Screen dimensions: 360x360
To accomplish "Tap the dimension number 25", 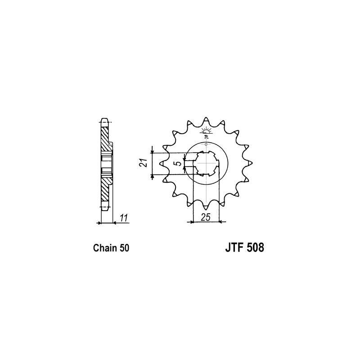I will (206, 217).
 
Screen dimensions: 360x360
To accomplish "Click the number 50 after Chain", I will (125, 248).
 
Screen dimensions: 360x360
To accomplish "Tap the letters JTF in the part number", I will (233, 248).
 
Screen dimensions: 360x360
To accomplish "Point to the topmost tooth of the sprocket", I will (206, 120).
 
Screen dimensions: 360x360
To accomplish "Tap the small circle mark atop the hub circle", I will (206, 144).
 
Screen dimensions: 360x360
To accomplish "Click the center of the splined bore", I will (206, 164).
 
